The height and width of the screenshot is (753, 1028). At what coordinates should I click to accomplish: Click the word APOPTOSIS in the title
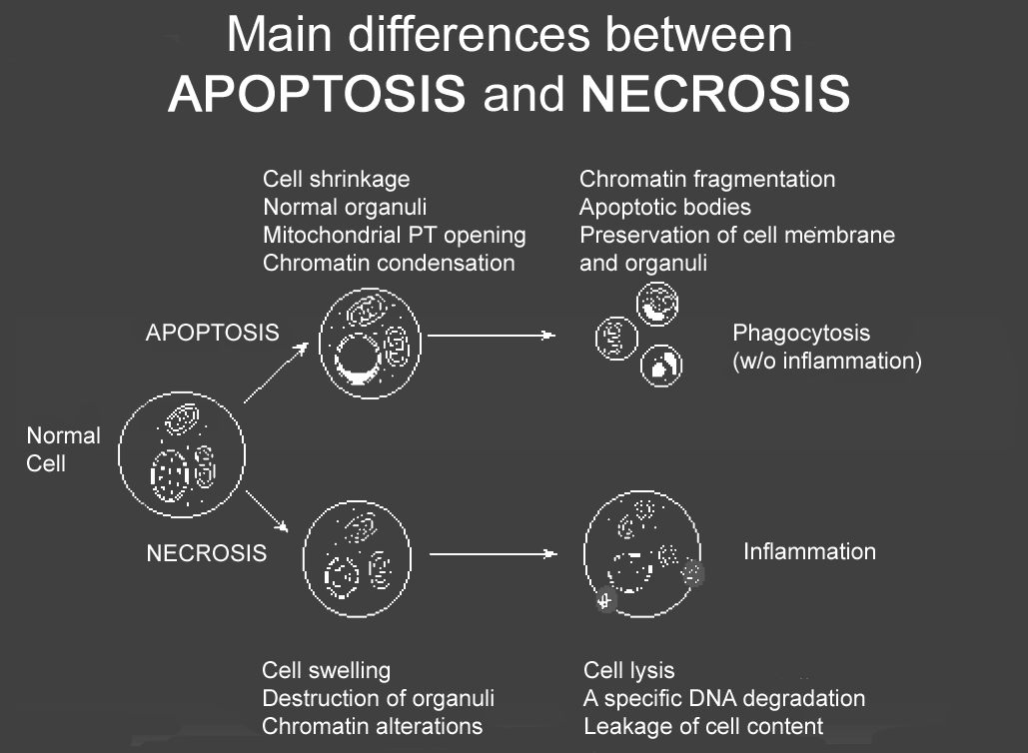click(x=317, y=94)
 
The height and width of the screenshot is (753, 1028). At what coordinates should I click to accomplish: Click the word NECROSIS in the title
click(x=715, y=94)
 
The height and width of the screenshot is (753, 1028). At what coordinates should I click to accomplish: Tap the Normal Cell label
click(x=63, y=449)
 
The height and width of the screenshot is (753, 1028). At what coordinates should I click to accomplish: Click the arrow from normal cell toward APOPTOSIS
click(x=276, y=373)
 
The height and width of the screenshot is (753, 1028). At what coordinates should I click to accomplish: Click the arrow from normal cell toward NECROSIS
click(x=267, y=510)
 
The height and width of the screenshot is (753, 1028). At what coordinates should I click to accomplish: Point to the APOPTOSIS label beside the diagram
click(x=213, y=333)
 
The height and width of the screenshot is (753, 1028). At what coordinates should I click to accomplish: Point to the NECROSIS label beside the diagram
click(x=207, y=553)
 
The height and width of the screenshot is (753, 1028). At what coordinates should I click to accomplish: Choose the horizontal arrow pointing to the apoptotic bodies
click(x=492, y=336)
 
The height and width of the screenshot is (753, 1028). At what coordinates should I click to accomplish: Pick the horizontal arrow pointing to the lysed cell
click(x=494, y=554)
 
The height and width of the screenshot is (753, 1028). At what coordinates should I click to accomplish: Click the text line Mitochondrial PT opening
click(x=395, y=236)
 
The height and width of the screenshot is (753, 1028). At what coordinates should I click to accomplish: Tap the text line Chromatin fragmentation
click(x=707, y=179)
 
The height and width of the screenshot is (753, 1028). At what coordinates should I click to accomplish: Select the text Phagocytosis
click(x=801, y=333)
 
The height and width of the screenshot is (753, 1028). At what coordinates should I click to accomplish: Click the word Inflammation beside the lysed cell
click(x=809, y=552)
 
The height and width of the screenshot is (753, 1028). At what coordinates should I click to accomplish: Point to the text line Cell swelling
click(x=327, y=670)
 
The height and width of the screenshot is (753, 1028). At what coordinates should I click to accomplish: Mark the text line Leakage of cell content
click(x=703, y=726)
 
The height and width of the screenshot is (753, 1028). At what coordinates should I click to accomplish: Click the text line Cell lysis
click(x=629, y=670)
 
